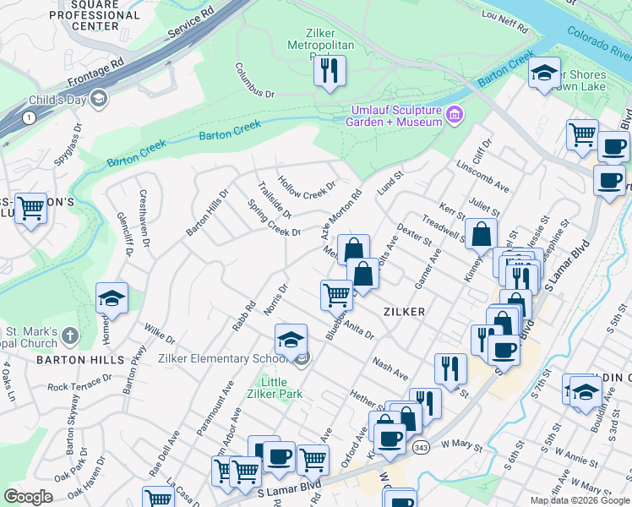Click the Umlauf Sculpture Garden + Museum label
pyautogui.click(x=394, y=117)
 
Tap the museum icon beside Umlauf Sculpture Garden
pyautogui.click(x=454, y=114)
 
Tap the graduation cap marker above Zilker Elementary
pyautogui.click(x=290, y=339)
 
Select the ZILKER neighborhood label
pyautogui.click(x=402, y=312)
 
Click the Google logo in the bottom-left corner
pyautogui.click(x=28, y=497)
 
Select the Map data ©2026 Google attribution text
pyautogui.click(x=579, y=500)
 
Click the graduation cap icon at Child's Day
pyautogui.click(x=99, y=100)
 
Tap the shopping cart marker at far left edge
pyautogui.click(x=31, y=207)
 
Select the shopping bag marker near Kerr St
pyautogui.click(x=481, y=233)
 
